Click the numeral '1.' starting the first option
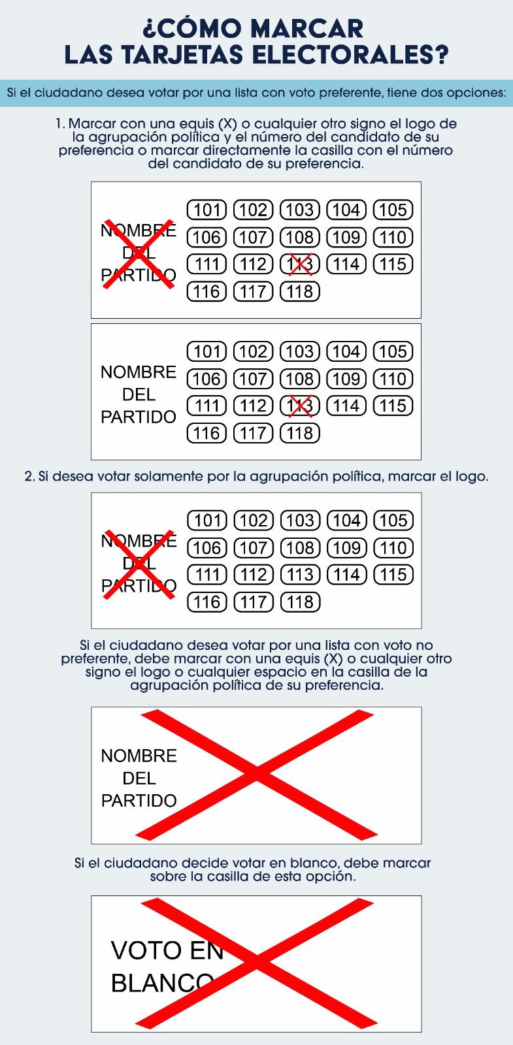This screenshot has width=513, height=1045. click(x=60, y=124)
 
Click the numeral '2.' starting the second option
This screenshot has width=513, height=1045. click(x=29, y=477)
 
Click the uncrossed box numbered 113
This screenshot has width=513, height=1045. click(x=300, y=575)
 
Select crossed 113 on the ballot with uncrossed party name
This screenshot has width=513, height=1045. click(x=300, y=406)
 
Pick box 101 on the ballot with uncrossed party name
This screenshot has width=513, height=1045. click(x=207, y=351)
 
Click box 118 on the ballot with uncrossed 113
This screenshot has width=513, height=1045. click(x=300, y=602)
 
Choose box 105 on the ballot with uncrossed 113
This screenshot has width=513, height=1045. click(x=393, y=521)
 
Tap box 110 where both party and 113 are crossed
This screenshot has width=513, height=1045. click(x=393, y=237)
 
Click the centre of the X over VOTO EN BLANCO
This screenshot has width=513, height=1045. click(x=256, y=965)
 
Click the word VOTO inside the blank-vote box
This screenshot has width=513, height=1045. click(x=145, y=950)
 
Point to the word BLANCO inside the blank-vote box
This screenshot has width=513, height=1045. click(x=163, y=982)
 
